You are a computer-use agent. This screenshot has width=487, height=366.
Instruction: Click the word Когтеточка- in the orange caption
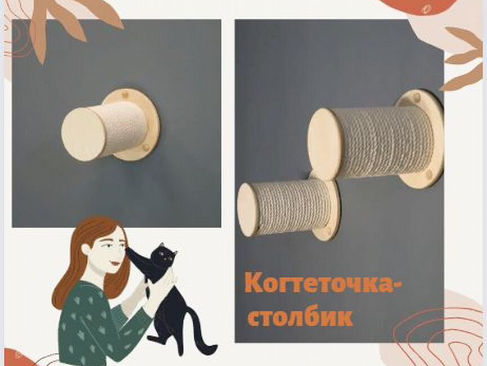[x=324, y=284]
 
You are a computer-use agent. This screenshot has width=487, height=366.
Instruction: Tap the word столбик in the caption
[x=300, y=317]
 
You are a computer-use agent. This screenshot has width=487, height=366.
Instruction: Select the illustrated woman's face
[x=107, y=251]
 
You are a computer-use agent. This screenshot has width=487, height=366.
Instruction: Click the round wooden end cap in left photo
[x=83, y=134]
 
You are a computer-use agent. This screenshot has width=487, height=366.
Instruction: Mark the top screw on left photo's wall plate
[x=125, y=94]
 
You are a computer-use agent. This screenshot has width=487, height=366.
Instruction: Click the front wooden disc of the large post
[x=324, y=144]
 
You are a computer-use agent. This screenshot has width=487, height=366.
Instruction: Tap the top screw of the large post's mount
[x=417, y=98]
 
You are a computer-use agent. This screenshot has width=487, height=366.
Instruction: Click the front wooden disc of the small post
[x=248, y=209]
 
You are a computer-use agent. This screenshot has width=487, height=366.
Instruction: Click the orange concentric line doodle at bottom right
[x=445, y=333]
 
